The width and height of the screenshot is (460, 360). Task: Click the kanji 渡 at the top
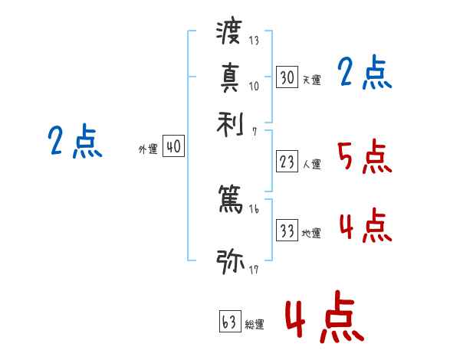229,33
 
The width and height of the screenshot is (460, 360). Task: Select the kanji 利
229,122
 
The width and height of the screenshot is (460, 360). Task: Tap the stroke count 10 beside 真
254,86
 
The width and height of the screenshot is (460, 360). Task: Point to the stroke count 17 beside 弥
254,270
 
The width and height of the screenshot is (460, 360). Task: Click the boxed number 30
287,77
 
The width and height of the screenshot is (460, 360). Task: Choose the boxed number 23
287,162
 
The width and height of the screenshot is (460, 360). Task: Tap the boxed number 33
287,231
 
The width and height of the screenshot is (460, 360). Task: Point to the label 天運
311,80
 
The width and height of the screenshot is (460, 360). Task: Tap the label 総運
254,325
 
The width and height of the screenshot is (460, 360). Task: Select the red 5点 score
363,157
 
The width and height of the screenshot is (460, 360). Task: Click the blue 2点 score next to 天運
364,74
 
